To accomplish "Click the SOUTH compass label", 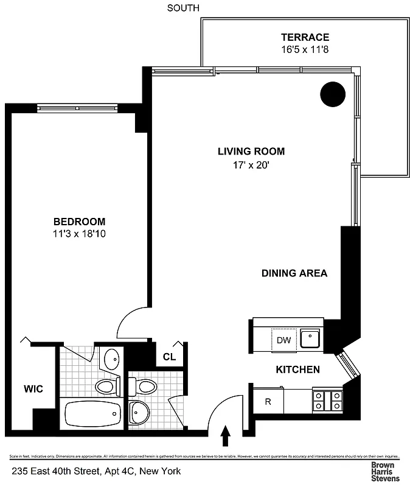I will (183, 8).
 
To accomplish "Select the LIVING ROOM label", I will (251, 152).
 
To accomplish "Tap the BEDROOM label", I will (79, 222).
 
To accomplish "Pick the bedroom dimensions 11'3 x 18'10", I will (79, 233).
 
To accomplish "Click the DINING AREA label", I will (294, 273).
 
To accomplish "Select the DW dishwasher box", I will (283, 340).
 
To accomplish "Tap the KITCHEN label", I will (298, 370).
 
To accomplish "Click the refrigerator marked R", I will (268, 401).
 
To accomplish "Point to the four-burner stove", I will (327, 400).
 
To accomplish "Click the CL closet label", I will (169, 357).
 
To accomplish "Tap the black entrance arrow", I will (225, 435).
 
